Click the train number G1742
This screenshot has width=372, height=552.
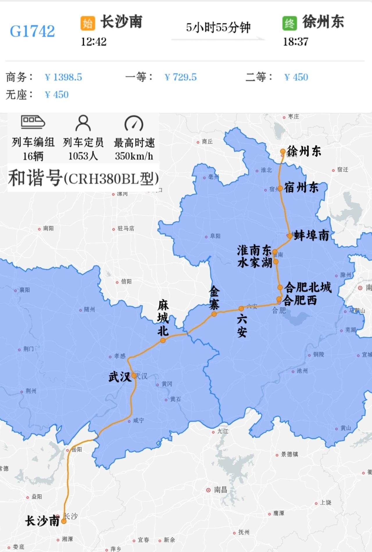tap(32, 31)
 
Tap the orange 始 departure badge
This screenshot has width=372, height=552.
tap(87, 23)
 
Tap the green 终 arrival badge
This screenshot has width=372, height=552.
tap(289, 23)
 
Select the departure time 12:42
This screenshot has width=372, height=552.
tap(94, 42)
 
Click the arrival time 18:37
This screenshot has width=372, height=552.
tap(296, 42)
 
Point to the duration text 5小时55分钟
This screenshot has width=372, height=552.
tap(218, 28)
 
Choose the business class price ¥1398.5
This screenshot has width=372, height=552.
tap(63, 77)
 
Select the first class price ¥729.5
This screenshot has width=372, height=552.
tap(180, 77)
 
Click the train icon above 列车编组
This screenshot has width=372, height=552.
tap(33, 122)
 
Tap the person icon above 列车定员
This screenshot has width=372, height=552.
tap(83, 123)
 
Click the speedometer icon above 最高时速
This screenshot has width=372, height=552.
tap(134, 123)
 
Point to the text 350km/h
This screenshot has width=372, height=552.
tap(134, 156)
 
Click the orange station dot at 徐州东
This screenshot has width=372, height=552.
tap(283, 151)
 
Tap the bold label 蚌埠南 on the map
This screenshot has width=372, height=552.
tap(312, 235)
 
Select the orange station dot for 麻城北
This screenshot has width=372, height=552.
tap(163, 340)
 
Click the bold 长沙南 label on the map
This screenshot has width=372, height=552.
tap(42, 521)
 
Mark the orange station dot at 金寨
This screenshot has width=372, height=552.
tap(214, 314)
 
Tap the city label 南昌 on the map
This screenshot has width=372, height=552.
tap(220, 490)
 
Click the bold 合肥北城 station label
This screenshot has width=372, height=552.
tap(308, 287)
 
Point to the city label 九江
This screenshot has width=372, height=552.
tap(223, 431)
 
